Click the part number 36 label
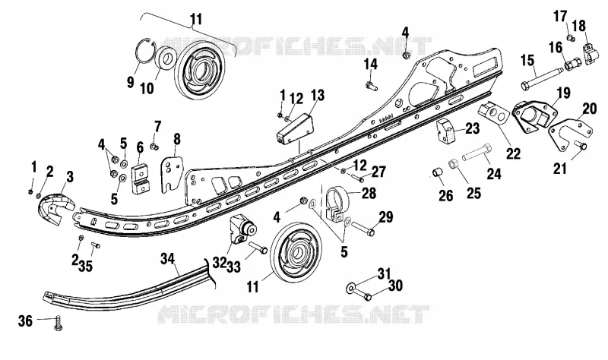coord(26,321)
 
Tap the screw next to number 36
coord(59,323)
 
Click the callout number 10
coord(147,88)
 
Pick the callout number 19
coord(563,93)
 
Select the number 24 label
coord(493,174)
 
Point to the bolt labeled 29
coord(363,229)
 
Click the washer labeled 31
coord(350,288)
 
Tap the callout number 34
coord(168,259)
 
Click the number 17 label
coord(560,17)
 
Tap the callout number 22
coord(513,153)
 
